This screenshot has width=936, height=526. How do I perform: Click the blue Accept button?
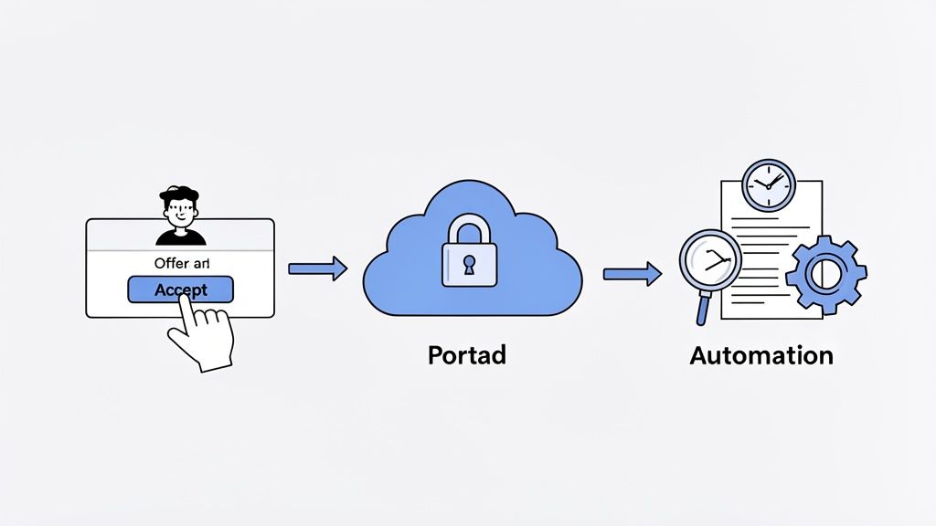(x=180, y=289)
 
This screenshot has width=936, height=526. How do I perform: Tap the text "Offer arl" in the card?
(x=181, y=264)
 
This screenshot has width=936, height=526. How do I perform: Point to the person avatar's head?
(x=179, y=210)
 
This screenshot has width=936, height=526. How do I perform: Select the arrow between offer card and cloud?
(x=317, y=268)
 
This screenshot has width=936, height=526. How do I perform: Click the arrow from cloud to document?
(x=632, y=273)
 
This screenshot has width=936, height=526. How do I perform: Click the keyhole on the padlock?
(x=468, y=266)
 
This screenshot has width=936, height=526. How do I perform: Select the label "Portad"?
(x=466, y=354)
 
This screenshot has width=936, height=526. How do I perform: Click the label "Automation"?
(x=761, y=355)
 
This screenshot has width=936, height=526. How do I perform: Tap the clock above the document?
(x=768, y=185)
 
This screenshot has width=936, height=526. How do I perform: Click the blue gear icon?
(x=825, y=272)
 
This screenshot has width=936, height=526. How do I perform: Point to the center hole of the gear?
(x=825, y=272)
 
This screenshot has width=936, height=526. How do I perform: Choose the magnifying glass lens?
(x=711, y=260)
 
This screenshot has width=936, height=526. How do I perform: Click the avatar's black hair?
(x=179, y=194)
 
